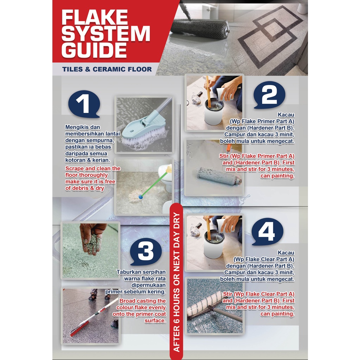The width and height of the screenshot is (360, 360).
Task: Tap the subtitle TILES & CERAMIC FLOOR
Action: click(x=107, y=69)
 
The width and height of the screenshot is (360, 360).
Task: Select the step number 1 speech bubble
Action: click(x=84, y=104)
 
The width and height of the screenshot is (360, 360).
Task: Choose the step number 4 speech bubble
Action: click(x=268, y=232)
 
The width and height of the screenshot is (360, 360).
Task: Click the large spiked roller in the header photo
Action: click(x=200, y=28)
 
